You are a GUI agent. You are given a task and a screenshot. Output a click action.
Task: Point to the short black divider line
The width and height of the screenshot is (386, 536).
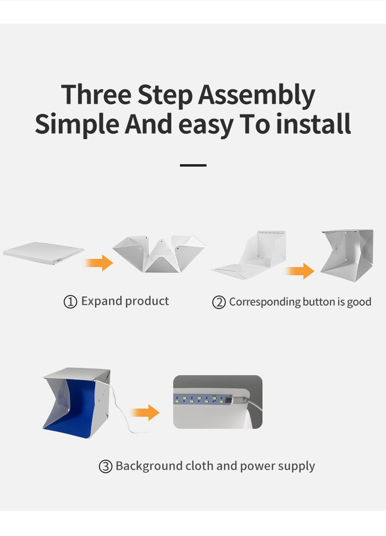click(x=193, y=165)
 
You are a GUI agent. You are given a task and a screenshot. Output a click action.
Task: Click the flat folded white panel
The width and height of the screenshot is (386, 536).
click(x=43, y=253)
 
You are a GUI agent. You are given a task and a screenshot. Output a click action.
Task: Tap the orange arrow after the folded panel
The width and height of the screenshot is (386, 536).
click(x=99, y=263)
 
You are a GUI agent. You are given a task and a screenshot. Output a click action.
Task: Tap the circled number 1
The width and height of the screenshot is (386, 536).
click(x=70, y=302)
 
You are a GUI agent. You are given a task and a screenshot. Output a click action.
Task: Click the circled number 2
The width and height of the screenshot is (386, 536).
click(x=219, y=303)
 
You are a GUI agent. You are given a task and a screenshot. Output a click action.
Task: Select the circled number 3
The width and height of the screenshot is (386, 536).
click(x=105, y=467)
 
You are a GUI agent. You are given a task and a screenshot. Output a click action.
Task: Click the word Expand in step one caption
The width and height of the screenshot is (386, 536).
click(x=102, y=301)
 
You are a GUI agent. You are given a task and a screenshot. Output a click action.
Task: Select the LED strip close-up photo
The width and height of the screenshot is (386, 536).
click(x=218, y=402)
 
